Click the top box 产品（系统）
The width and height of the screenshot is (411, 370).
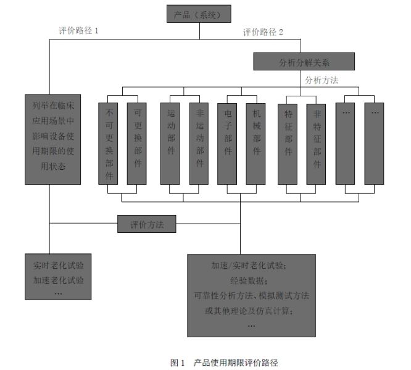198,14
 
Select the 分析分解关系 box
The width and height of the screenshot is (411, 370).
304,61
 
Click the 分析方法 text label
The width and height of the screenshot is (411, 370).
322,80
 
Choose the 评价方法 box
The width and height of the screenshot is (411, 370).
147,224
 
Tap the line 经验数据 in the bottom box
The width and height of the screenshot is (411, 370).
251,280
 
